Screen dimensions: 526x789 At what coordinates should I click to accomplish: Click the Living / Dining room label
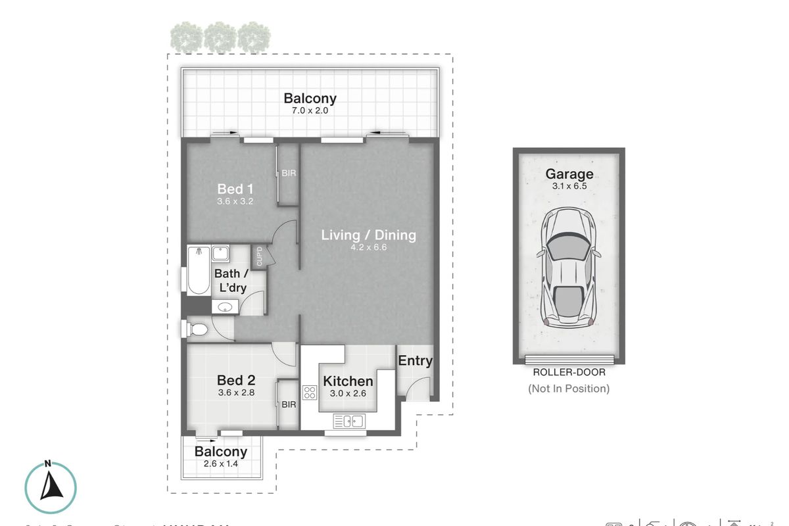tap(368, 235)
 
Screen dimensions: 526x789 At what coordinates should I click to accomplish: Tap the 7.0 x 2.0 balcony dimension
tap(310, 111)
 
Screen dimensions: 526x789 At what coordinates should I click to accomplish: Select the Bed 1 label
tap(235, 189)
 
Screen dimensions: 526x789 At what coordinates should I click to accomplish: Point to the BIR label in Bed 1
tap(288, 174)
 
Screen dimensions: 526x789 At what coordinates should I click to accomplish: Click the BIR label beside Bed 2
tap(289, 405)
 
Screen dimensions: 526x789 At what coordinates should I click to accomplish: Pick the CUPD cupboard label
tap(259, 255)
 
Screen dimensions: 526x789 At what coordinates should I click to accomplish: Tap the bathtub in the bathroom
tap(197, 271)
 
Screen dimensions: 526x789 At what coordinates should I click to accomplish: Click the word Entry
tap(416, 360)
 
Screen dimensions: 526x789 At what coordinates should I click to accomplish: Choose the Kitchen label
tap(348, 381)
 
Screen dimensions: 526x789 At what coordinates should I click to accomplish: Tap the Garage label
tap(569, 174)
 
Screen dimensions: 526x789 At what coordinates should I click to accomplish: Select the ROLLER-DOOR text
tap(569, 372)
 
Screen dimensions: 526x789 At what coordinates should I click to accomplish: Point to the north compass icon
tap(50, 486)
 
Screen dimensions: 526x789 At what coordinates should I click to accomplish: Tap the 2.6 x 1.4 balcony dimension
tap(220, 464)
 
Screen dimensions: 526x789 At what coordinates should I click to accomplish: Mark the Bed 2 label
tap(235, 380)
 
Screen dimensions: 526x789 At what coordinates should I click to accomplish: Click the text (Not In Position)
tap(569, 388)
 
